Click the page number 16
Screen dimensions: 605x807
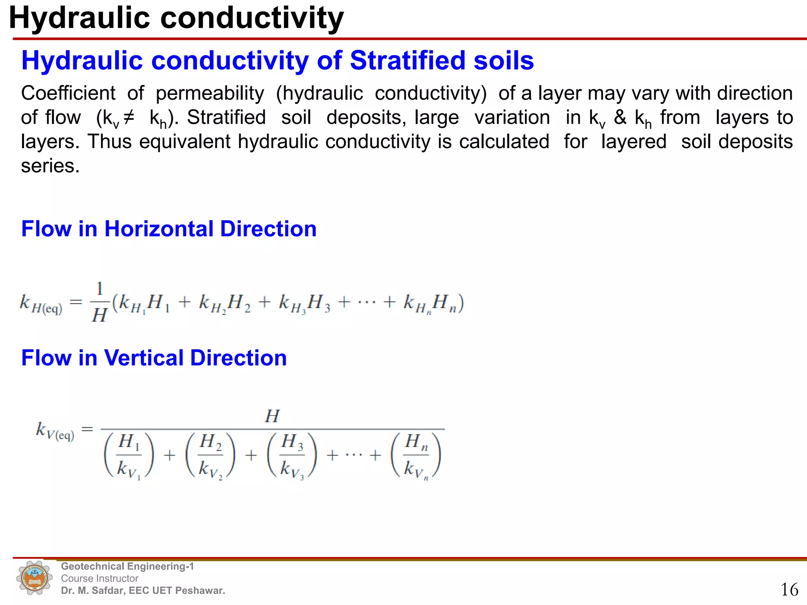coord(789,590)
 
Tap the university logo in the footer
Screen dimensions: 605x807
coord(35,578)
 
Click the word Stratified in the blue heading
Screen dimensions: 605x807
coord(407,61)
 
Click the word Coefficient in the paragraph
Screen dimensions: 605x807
coord(68,93)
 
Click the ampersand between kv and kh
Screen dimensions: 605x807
coord(620,117)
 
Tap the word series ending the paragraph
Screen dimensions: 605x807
coord(50,166)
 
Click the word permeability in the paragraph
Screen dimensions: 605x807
coord(210,93)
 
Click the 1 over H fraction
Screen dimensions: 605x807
coord(99,302)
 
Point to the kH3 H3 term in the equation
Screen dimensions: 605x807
coord(304,304)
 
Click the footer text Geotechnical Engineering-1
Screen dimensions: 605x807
coord(127,566)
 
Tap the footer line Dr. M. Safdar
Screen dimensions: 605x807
coord(143,590)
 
